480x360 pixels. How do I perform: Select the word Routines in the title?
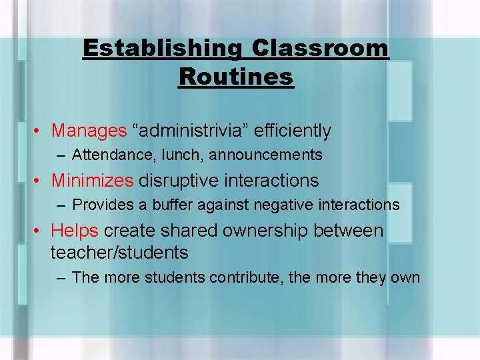[235, 77]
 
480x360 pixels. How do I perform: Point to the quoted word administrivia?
[199, 131]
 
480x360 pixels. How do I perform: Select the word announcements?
[266, 155]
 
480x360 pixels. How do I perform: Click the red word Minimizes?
[93, 180]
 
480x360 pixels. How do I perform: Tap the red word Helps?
[75, 231]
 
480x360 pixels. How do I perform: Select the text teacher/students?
[119, 253]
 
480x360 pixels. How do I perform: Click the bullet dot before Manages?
[41, 131]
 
